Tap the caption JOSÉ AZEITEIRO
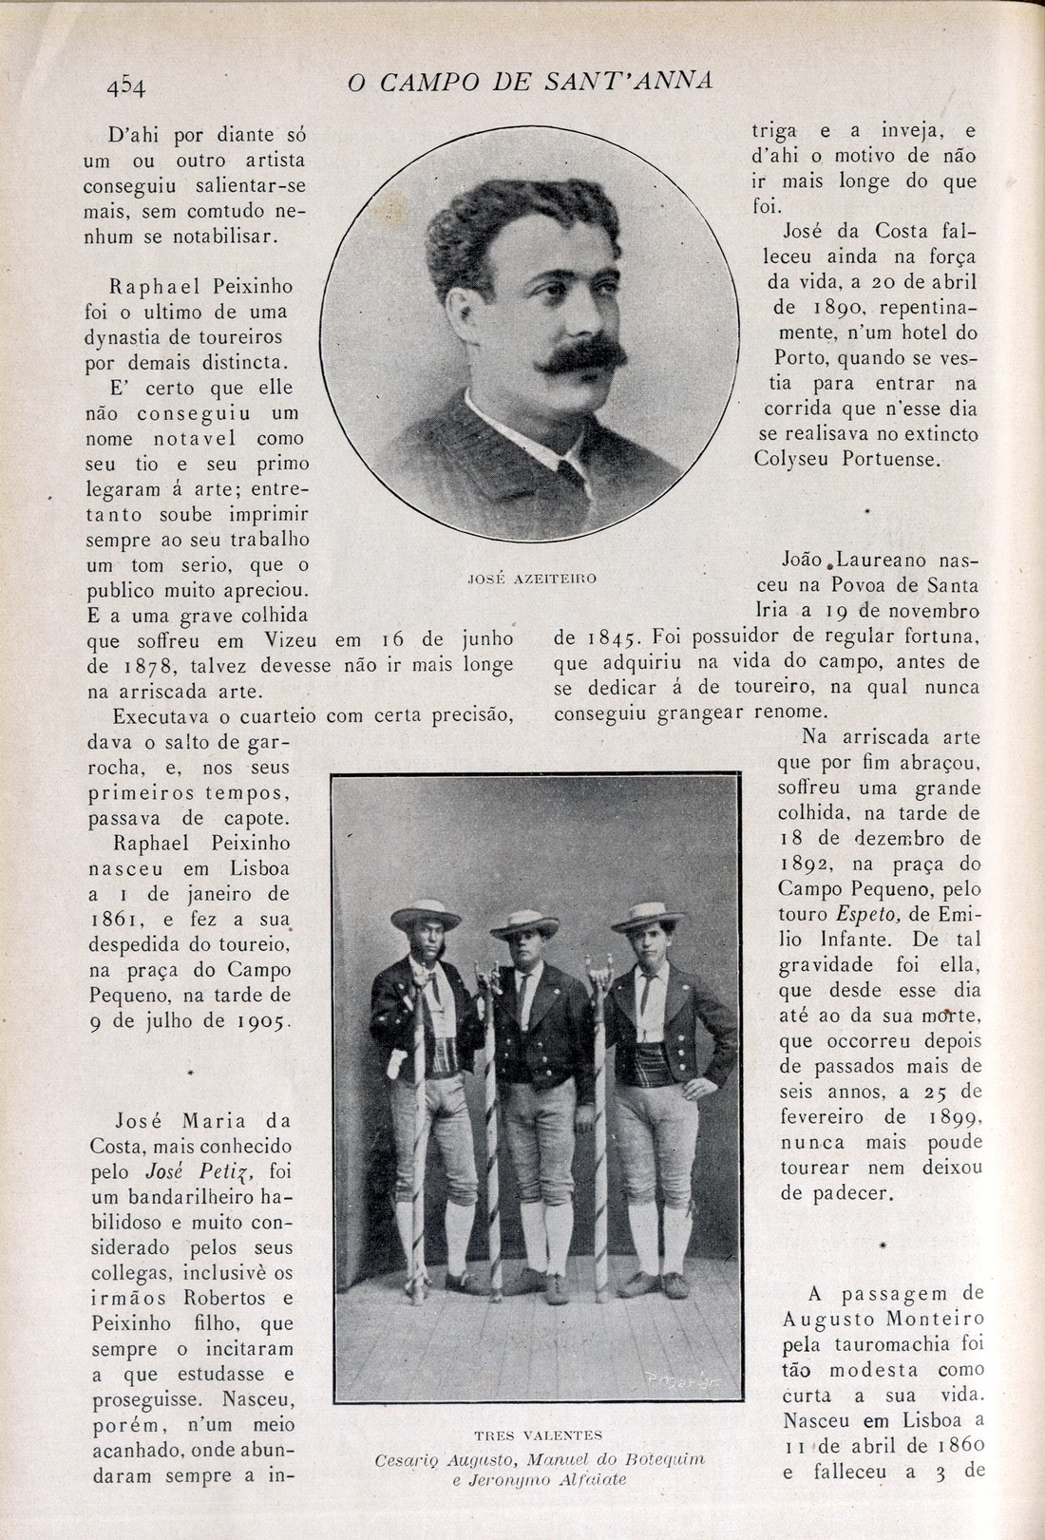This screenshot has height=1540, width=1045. [x=532, y=578]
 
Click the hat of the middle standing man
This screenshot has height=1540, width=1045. [x=523, y=922]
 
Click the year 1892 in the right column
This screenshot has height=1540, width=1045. [x=807, y=865]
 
